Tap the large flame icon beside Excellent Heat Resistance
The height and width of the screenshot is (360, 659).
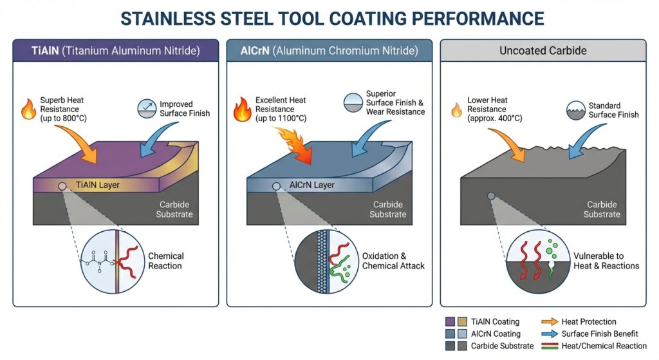pos(241,109)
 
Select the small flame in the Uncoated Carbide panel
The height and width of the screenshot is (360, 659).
pos(456,110)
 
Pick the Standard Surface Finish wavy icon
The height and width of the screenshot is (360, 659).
pos(577,110)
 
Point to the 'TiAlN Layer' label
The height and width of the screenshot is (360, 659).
pos(98,185)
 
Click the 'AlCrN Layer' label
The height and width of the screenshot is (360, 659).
pos(311,185)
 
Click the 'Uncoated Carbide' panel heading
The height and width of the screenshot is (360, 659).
pos(543,50)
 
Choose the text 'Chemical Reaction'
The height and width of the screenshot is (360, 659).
pos(165,260)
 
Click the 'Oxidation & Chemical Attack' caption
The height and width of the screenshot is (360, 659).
pos(393,260)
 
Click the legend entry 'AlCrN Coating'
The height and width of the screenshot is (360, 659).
pos(495,334)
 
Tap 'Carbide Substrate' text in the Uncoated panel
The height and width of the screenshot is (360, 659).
pos(602,209)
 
